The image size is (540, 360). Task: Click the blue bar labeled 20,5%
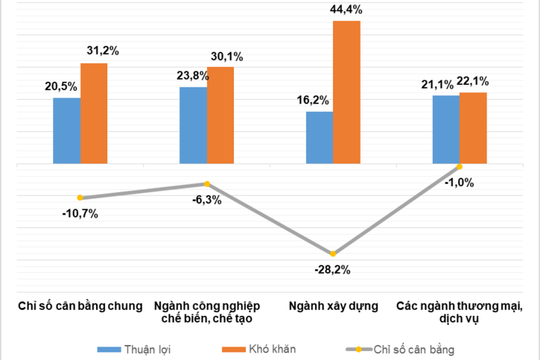(x=67, y=130)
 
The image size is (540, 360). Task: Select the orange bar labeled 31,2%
(x=94, y=113)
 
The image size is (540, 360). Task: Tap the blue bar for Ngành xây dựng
(x=319, y=137)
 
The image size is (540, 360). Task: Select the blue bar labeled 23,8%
(x=193, y=125)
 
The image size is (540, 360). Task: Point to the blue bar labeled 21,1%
(x=445, y=129)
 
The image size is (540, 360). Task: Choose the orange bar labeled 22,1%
(x=473, y=127)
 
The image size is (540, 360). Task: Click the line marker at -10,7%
(x=80, y=197)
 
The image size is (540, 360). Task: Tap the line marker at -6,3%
(x=207, y=184)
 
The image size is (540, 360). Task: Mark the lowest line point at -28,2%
(x=333, y=253)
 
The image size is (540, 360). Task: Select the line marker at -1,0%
(x=459, y=166)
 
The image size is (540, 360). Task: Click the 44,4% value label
(x=346, y=9)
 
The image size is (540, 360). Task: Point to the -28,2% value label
(x=333, y=269)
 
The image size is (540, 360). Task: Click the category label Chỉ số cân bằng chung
(x=80, y=306)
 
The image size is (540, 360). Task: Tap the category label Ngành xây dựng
(x=332, y=306)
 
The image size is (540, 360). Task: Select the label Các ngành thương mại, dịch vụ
(x=459, y=312)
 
